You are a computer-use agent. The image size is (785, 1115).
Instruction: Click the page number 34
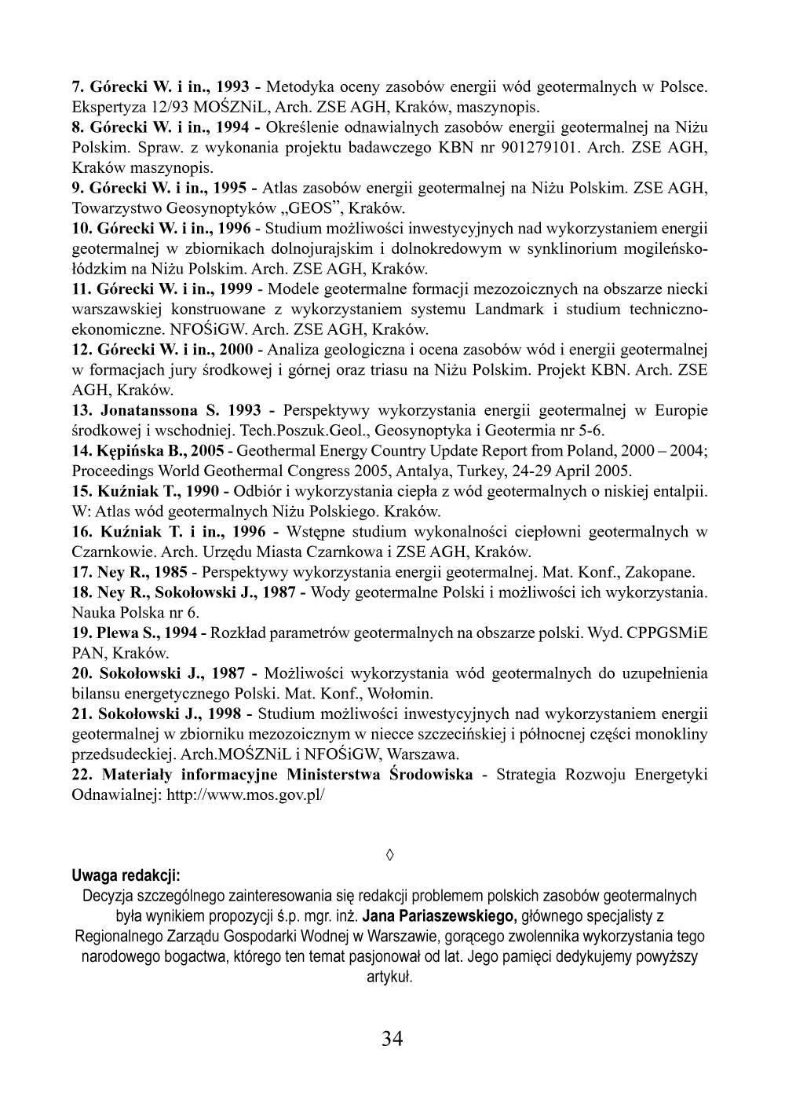click(x=392, y=1039)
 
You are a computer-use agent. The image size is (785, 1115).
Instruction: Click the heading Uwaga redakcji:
click(x=126, y=875)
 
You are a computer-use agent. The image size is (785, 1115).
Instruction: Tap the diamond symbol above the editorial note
click(x=390, y=854)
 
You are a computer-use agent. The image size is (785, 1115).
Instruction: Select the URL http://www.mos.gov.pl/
click(x=246, y=795)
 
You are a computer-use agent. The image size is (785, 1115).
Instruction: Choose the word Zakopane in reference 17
click(x=664, y=572)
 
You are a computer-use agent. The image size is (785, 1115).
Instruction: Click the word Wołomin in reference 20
click(x=402, y=694)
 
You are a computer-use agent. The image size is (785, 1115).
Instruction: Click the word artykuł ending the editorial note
click(x=390, y=977)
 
